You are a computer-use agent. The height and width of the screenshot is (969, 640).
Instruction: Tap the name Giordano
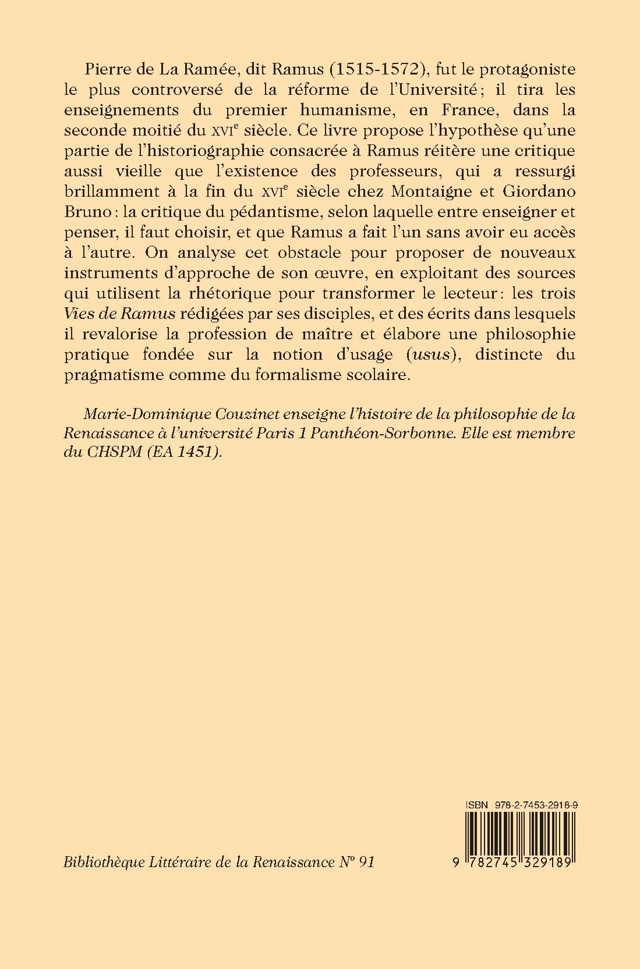tap(535, 191)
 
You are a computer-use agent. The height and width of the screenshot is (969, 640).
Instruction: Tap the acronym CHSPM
tap(121, 454)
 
